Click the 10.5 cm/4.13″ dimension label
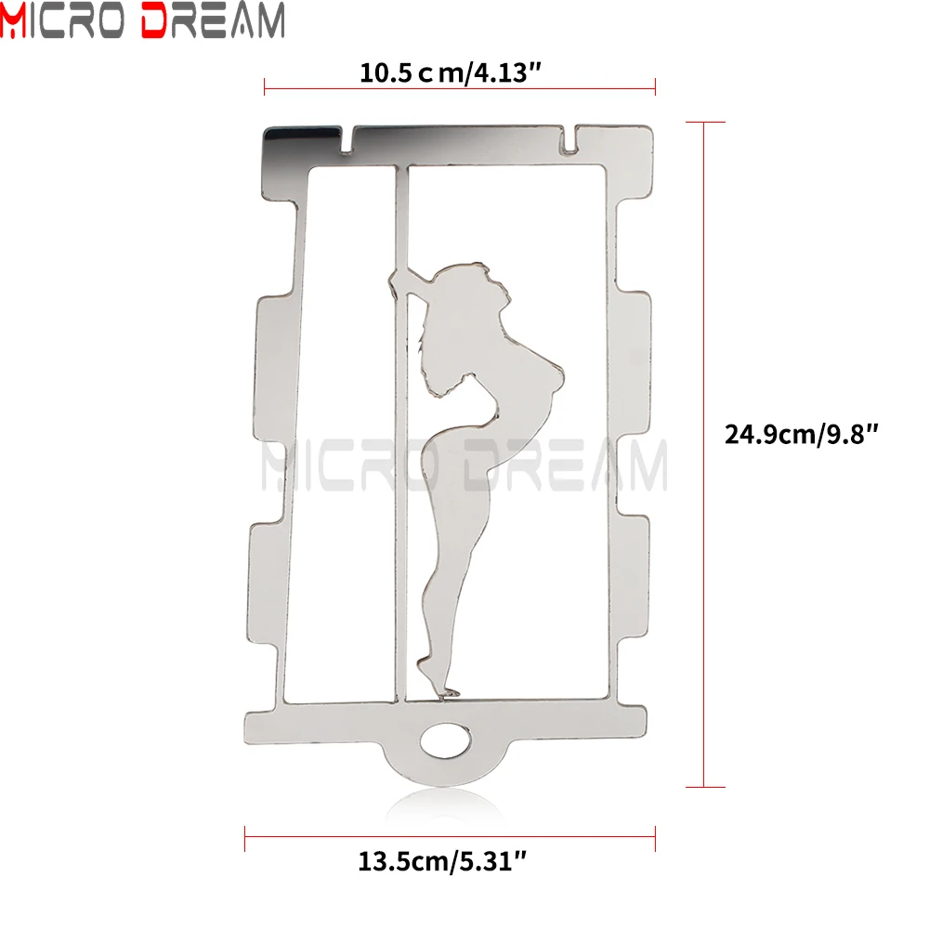coord(451,73)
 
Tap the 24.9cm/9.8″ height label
coord(801,434)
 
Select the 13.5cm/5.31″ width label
coord(442,861)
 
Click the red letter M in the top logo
coord(13,20)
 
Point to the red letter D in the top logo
coord(155,20)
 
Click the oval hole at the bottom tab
coord(446,740)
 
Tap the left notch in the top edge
coord(346,140)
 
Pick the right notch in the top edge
coord(569,140)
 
